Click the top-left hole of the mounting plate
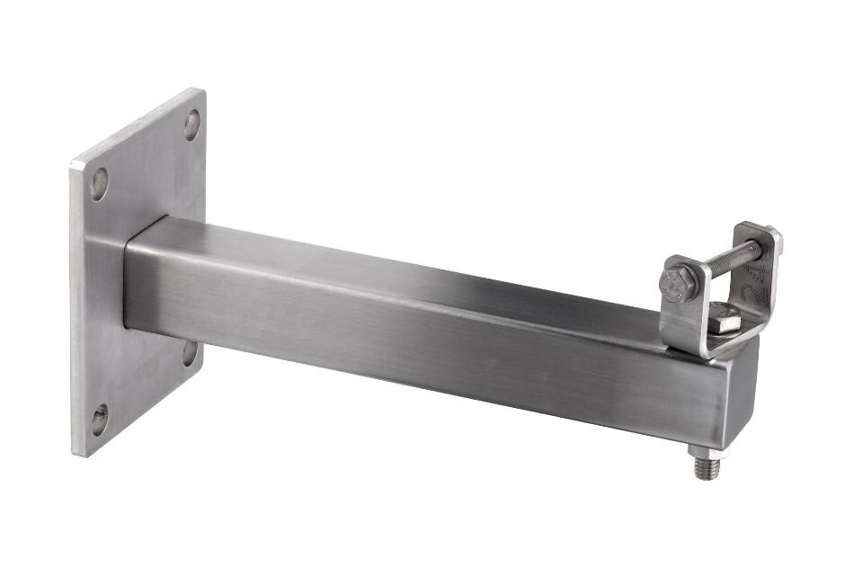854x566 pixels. (100, 184)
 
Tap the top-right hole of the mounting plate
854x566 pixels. (191, 124)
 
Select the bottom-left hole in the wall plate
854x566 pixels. (100, 419)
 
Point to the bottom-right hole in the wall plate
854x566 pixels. (190, 353)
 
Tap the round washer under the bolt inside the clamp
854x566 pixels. (725, 328)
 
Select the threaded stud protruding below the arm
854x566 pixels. (703, 465)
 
